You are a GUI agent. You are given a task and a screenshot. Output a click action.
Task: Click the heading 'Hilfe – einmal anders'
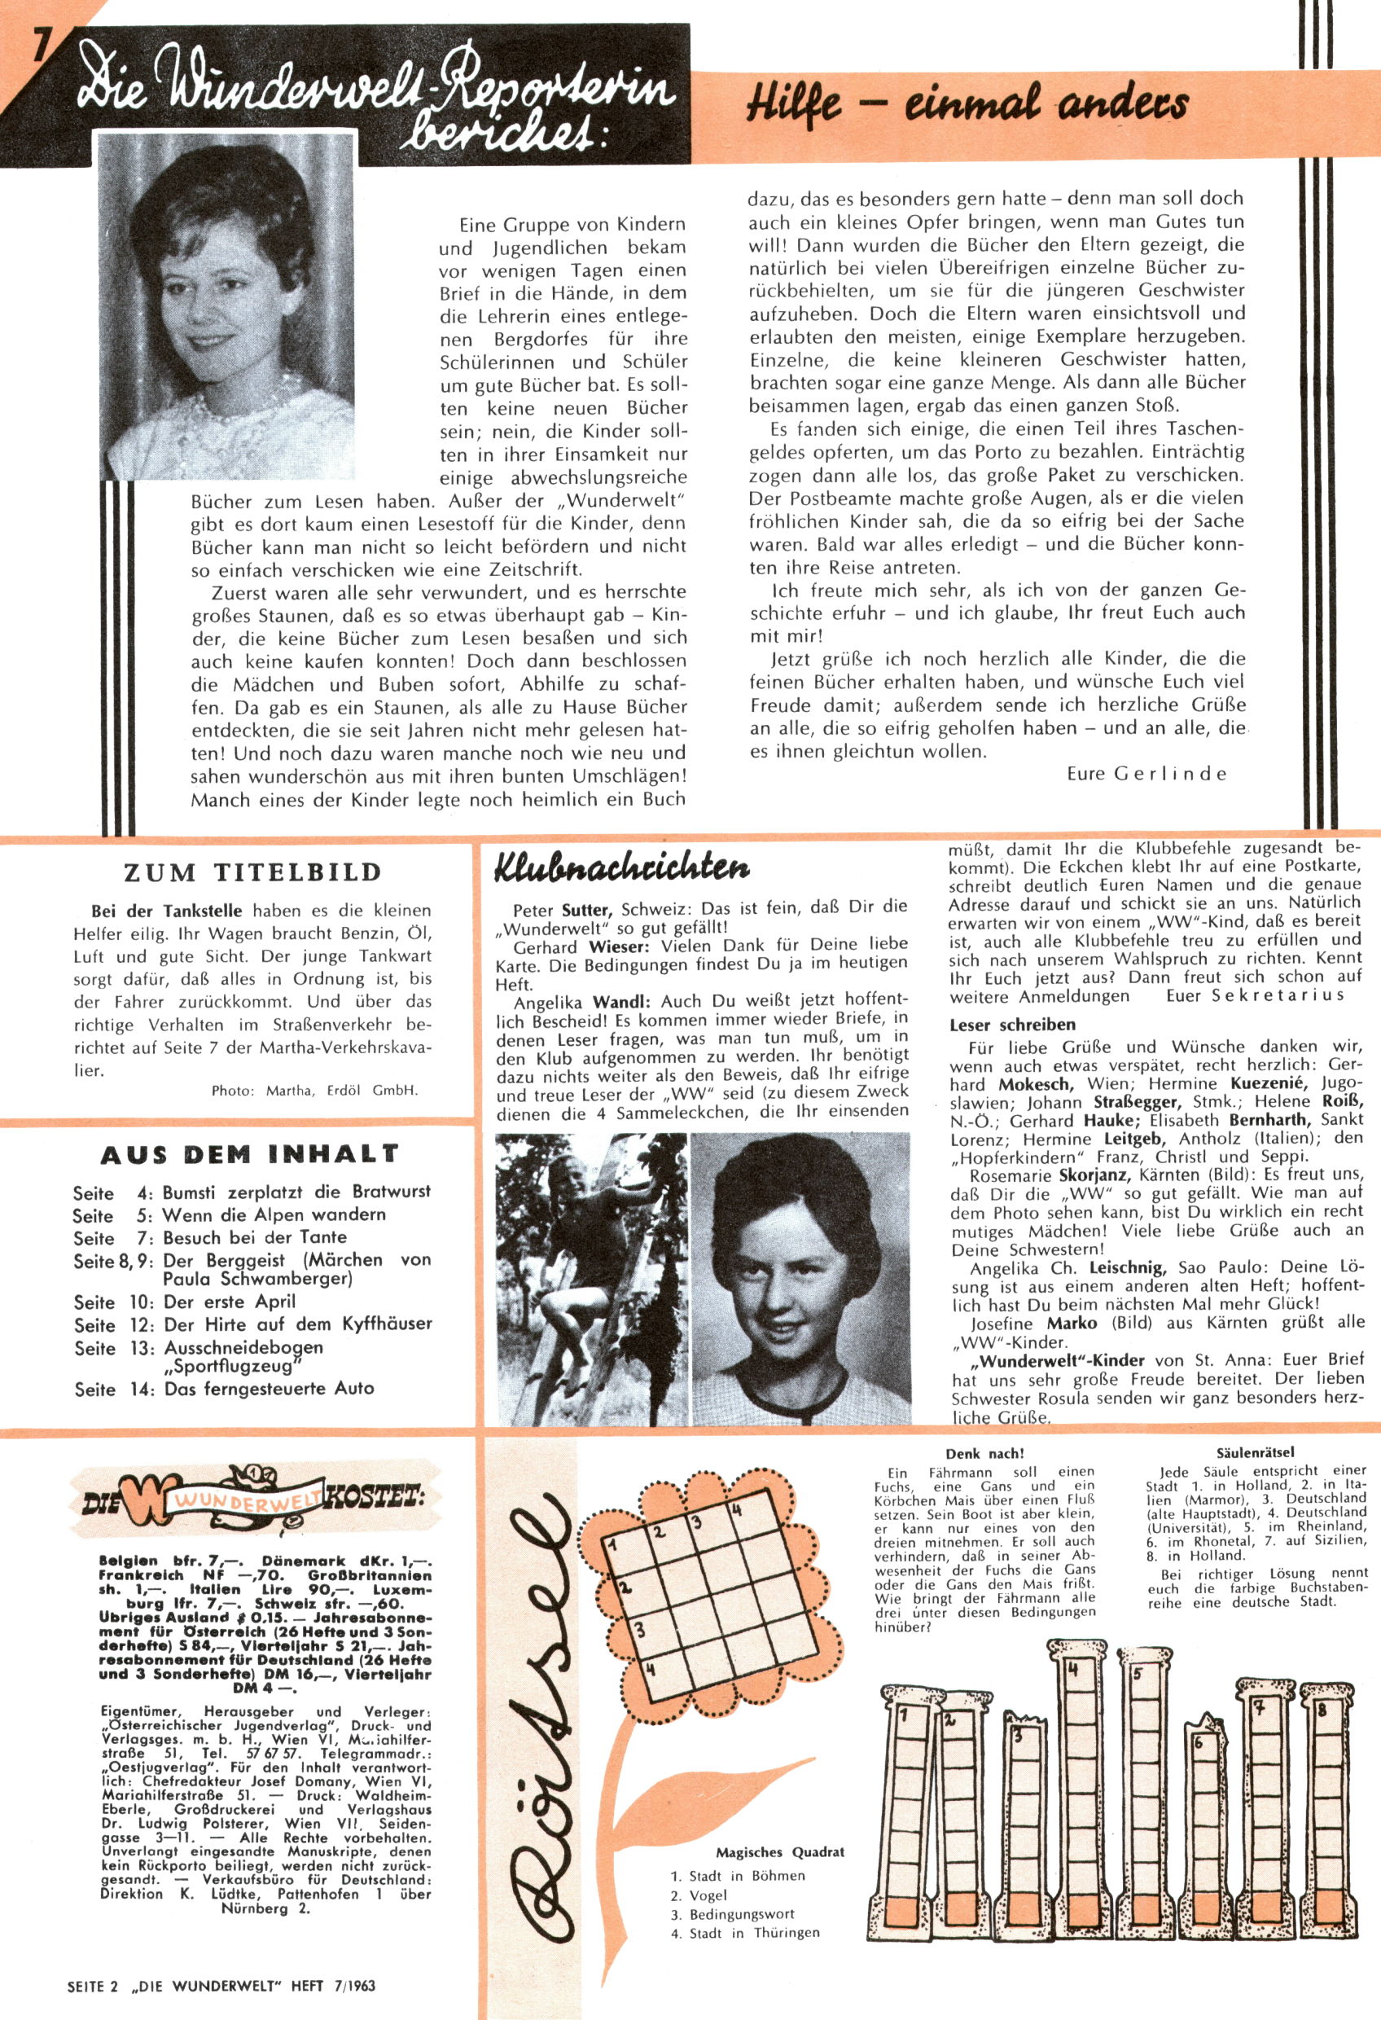[x=967, y=103]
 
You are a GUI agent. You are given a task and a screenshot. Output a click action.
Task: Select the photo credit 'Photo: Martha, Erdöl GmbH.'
[x=314, y=1090]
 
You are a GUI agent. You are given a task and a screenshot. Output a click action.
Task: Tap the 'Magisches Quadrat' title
[x=779, y=1852]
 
